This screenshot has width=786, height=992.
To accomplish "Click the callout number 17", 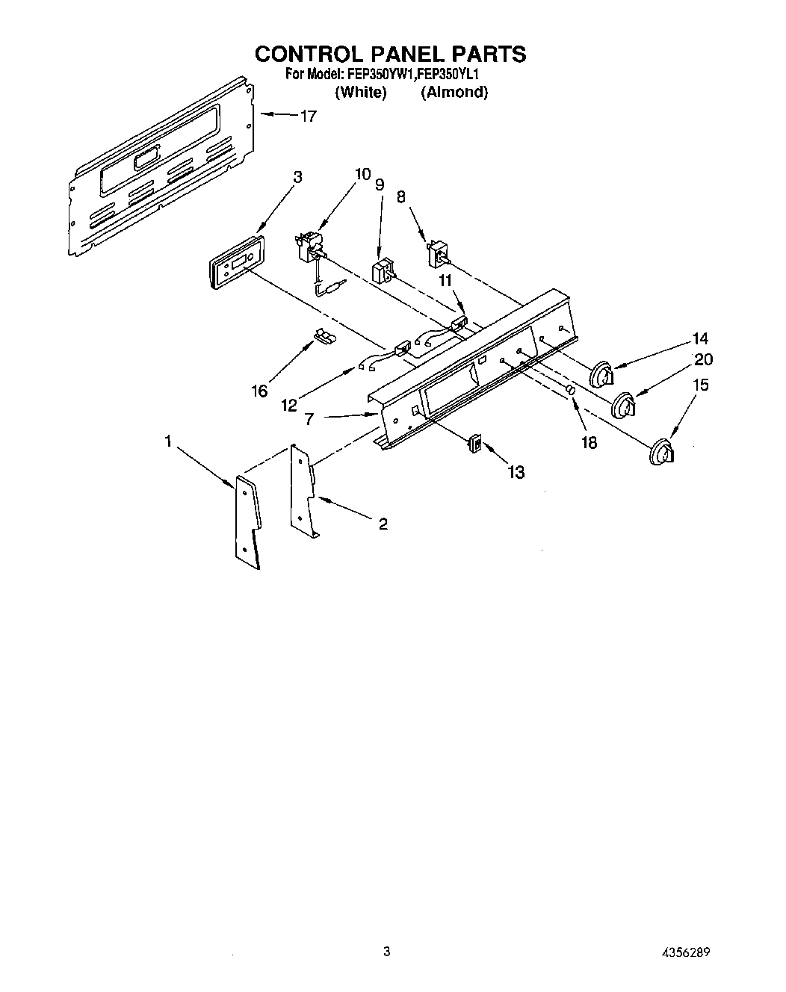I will pos(308,116).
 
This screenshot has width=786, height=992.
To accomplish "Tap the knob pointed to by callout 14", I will pos(602,373).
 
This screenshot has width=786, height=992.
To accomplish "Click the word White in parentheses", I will pos(361,93).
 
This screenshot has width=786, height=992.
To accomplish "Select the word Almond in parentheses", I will pos(454,93).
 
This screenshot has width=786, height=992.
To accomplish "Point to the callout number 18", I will pos(589,442).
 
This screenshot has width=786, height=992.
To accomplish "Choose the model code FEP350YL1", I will pos(448,75).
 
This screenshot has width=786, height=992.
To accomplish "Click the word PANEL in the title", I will pos(401,54).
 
